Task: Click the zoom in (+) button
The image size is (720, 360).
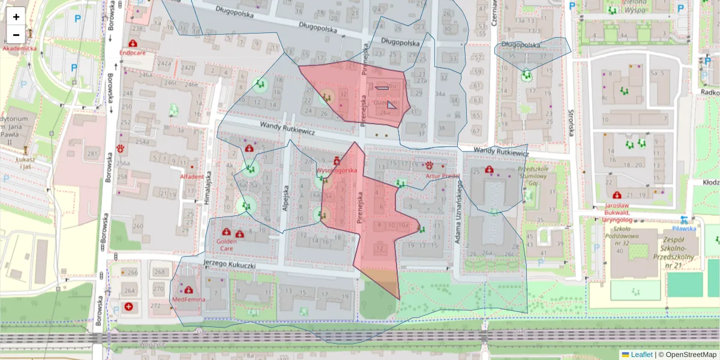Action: (16, 17)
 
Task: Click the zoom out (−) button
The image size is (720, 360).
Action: (16, 35)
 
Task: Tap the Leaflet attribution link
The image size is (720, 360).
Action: (641, 355)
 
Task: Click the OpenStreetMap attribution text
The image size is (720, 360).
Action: (691, 355)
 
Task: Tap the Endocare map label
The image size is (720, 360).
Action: (133, 53)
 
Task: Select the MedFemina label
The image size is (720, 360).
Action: (188, 299)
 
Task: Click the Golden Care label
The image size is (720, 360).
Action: (226, 244)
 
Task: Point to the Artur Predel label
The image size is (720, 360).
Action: (442, 176)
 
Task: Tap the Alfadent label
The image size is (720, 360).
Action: (192, 176)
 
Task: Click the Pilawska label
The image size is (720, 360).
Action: (684, 228)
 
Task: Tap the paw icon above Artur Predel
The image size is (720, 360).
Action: (430, 165)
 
